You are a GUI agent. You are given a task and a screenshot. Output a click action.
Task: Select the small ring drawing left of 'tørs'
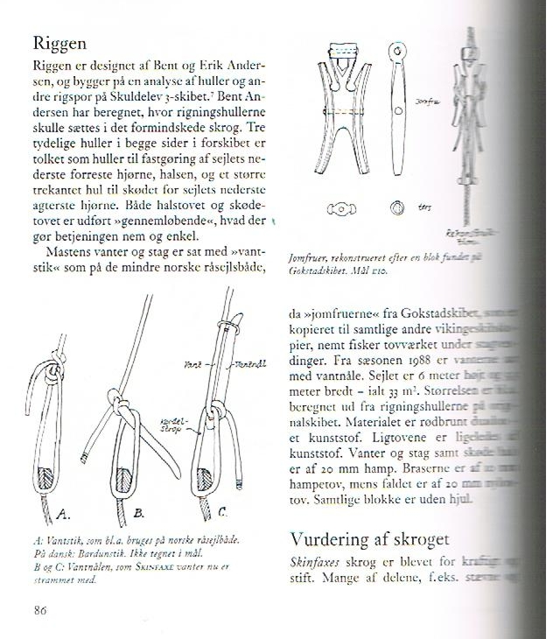[x=399, y=207]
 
